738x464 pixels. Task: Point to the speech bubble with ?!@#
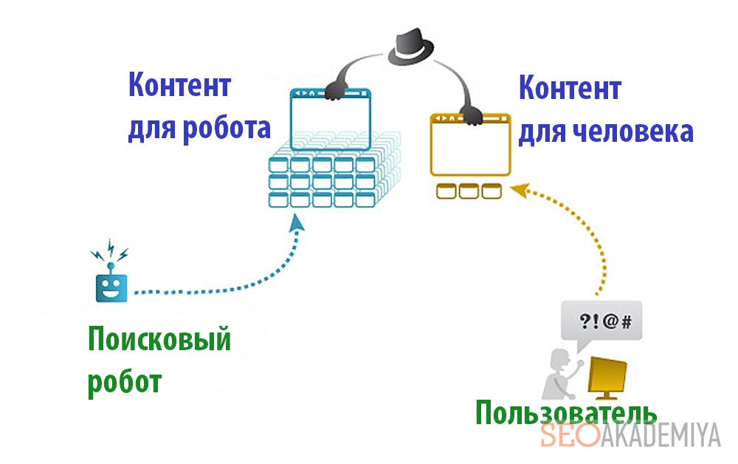601,322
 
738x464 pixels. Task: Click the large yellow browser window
470,146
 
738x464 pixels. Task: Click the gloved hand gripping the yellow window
470,115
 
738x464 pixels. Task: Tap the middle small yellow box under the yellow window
469,191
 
